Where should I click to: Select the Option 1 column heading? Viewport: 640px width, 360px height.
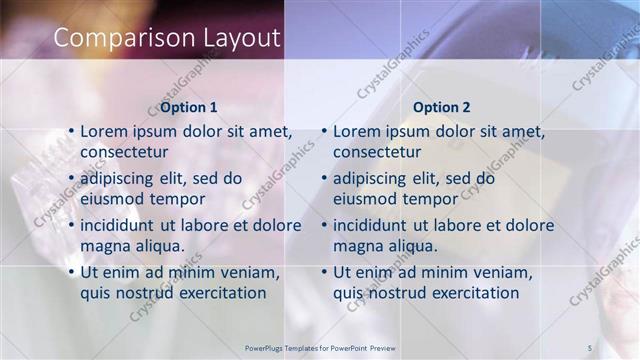click(x=188, y=107)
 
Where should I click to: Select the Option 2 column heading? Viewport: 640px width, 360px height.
click(x=441, y=107)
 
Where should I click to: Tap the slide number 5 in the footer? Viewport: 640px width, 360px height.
click(x=589, y=347)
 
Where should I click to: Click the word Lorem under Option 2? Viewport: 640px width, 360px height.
click(x=356, y=131)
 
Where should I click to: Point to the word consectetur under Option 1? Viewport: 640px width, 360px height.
click(x=124, y=152)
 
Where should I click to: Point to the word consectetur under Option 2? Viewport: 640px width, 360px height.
click(x=377, y=152)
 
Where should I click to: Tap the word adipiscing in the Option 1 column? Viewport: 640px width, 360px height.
click(x=121, y=179)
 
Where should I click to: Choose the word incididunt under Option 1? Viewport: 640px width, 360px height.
click(x=122, y=225)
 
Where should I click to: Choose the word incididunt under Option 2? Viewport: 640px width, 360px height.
click(x=375, y=225)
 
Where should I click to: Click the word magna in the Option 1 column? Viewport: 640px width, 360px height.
click(x=104, y=246)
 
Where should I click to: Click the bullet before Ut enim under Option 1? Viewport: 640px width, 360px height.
click(x=70, y=272)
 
